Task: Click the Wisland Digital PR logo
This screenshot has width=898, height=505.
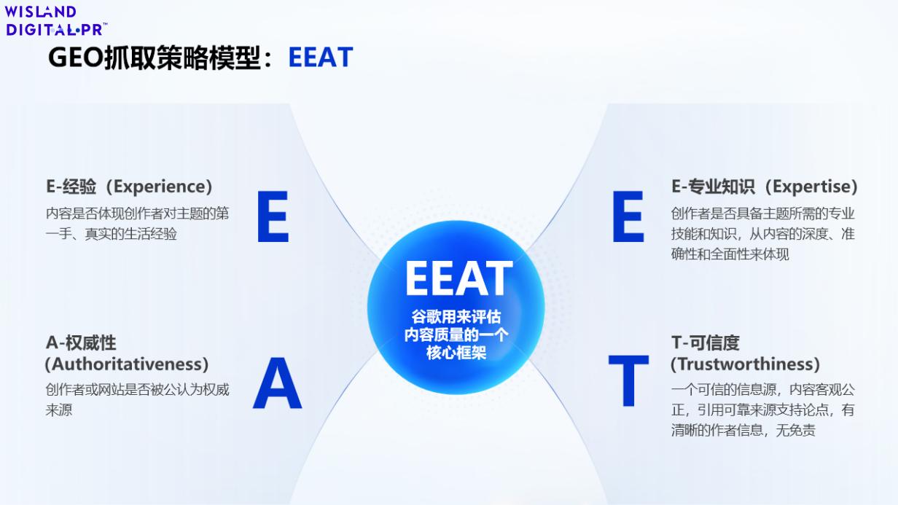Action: coord(56,21)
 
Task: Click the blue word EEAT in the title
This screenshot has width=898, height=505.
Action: coord(321,58)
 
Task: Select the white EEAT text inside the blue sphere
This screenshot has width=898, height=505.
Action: coord(459,278)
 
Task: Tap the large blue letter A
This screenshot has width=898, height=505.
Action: coord(277,383)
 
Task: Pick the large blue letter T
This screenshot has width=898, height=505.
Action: coord(628,380)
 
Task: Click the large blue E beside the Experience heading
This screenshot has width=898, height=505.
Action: coord(273,216)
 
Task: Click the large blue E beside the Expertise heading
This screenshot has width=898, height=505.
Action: coord(628,216)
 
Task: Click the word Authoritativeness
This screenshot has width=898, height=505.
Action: coord(127,364)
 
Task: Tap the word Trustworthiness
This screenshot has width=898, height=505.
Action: coord(745,364)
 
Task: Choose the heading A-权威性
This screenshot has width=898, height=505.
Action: coord(81,343)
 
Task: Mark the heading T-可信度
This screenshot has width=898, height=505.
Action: coord(706,343)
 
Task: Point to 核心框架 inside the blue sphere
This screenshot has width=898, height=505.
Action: coord(456,353)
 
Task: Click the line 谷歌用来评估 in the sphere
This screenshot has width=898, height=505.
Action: coord(456,317)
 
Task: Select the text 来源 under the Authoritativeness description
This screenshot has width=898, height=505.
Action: coord(58,410)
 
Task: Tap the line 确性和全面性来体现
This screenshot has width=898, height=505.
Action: coord(730,254)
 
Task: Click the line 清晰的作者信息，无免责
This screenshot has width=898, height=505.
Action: coord(743,431)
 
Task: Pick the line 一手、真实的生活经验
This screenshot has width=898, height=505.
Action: coord(111,234)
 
